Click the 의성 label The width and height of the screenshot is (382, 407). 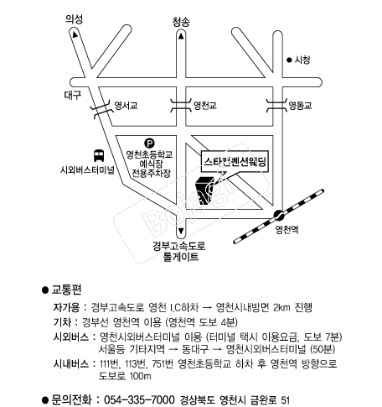[74, 19]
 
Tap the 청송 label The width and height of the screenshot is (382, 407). [181, 22]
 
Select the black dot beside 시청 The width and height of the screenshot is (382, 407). [289, 60]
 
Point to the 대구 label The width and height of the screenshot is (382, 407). [73, 95]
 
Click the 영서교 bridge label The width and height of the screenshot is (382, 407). [126, 106]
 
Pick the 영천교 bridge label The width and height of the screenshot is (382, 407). [205, 106]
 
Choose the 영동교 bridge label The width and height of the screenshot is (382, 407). [300, 106]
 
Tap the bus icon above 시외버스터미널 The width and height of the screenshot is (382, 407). [99, 155]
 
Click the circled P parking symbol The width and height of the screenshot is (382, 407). [149, 143]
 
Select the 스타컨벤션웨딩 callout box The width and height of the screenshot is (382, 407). [235, 162]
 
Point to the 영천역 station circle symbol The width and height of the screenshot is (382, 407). [278, 215]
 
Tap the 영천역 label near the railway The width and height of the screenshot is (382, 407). [286, 230]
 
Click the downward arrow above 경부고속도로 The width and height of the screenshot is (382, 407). [181, 231]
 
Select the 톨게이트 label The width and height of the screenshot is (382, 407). [181, 257]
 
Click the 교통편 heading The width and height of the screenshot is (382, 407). [66, 290]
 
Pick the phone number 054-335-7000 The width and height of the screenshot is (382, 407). [139, 399]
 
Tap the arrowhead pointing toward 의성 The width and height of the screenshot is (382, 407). [75, 34]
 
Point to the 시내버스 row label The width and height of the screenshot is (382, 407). [71, 364]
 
